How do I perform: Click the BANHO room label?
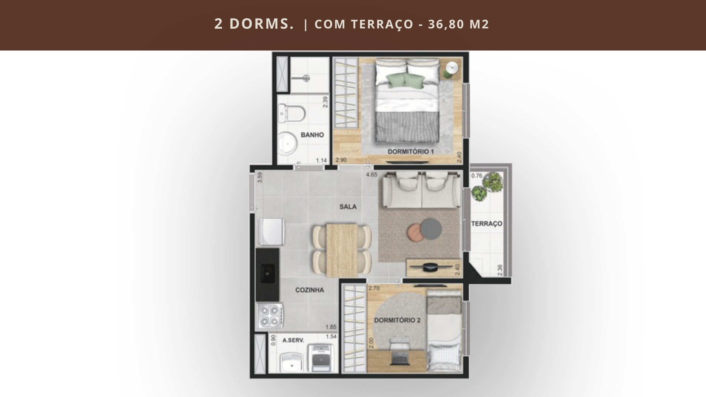(312, 135)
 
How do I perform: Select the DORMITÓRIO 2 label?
(397, 320)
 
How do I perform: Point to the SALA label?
(348, 206)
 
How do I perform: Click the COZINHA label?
(309, 290)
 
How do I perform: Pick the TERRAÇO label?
(487, 224)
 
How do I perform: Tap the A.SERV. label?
(293, 340)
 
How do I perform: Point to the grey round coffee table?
(432, 228)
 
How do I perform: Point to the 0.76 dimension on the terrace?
(477, 175)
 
